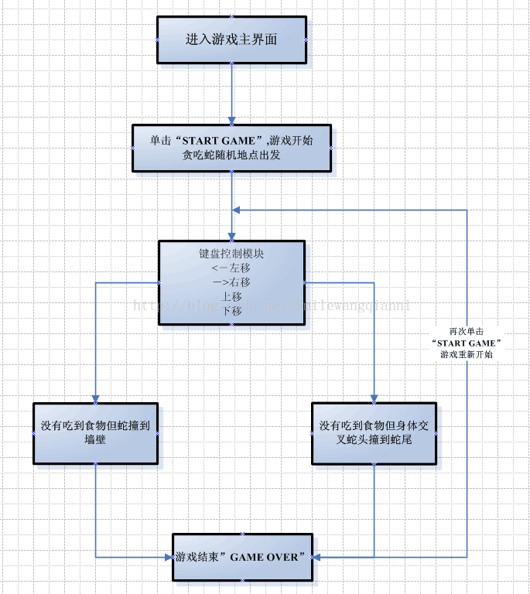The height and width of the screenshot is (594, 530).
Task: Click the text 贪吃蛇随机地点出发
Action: [231, 155]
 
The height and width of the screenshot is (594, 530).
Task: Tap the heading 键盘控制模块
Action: [231, 253]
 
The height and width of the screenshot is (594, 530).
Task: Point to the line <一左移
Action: [231, 268]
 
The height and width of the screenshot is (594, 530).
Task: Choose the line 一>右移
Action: [231, 282]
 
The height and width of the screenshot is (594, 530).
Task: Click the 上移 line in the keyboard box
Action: [231, 296]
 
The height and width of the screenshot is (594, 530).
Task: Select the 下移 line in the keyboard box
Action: [231, 311]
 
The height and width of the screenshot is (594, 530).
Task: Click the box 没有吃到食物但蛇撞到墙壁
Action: [95, 433]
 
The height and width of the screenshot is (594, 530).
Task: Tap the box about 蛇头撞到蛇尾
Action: [374, 433]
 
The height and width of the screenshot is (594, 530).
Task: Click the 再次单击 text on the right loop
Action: [467, 330]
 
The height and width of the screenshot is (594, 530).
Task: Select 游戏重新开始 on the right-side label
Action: [467, 354]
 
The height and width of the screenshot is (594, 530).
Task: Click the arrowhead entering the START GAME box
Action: [231, 120]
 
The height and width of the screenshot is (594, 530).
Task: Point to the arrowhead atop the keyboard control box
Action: [231, 235]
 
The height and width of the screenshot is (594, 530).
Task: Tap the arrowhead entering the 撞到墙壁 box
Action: [95, 398]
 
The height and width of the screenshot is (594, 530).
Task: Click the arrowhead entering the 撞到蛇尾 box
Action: [374, 398]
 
